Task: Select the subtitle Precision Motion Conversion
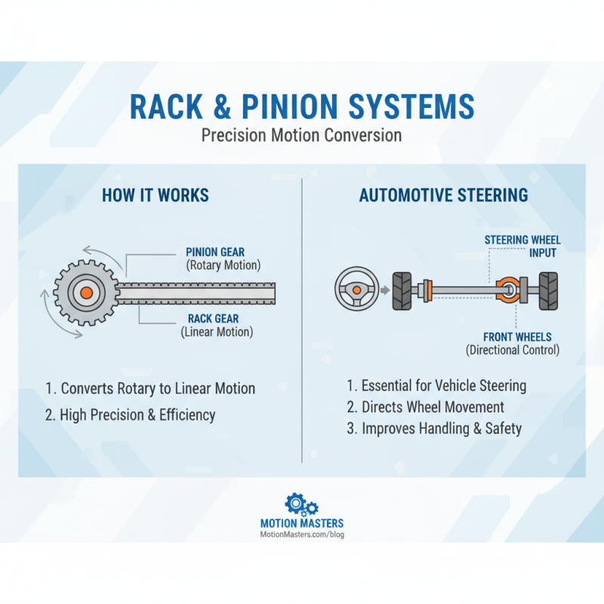tap(301, 136)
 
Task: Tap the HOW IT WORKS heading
tap(156, 196)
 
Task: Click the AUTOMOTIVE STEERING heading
tap(443, 196)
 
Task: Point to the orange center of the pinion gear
tap(86, 291)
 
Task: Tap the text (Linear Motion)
tap(217, 332)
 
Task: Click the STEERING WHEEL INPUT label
tap(522, 247)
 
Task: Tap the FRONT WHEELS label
tap(519, 337)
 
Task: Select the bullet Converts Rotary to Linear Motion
tap(150, 389)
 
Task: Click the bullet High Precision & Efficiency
tap(130, 414)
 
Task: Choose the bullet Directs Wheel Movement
tap(425, 407)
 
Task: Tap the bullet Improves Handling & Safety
tap(434, 428)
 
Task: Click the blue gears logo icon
tap(301, 504)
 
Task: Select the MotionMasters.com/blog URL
tap(301, 535)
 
